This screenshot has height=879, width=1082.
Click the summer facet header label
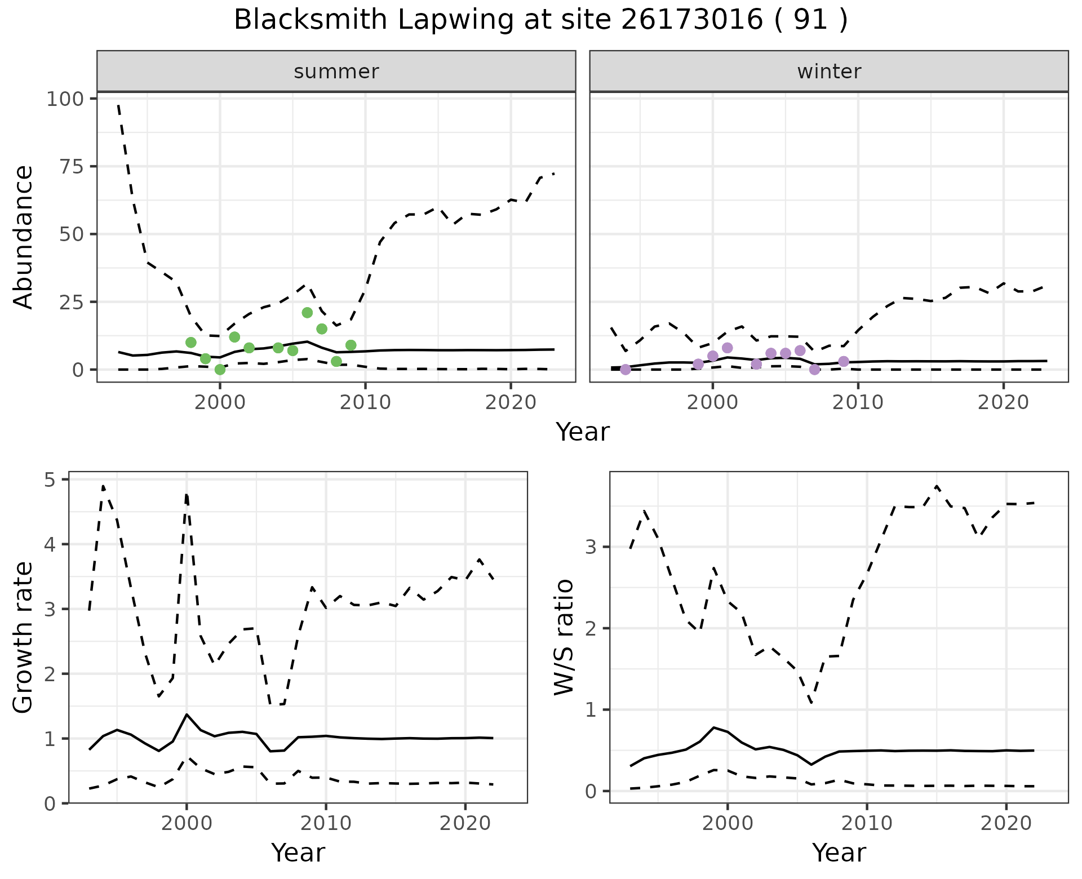point(336,72)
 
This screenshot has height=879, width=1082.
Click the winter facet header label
point(829,72)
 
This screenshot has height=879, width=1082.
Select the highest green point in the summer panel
point(307,313)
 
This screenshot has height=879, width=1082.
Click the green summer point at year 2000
point(220,370)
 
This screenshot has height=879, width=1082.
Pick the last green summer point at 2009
point(351,345)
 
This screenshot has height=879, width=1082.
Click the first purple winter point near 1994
point(626,370)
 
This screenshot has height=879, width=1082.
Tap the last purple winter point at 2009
point(844,361)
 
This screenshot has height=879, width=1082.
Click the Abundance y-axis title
point(24,237)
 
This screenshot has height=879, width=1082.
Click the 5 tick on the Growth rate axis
point(50,480)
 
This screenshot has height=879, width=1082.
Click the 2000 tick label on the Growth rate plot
point(187,823)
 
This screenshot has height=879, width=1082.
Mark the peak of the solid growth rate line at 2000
point(187,714)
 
